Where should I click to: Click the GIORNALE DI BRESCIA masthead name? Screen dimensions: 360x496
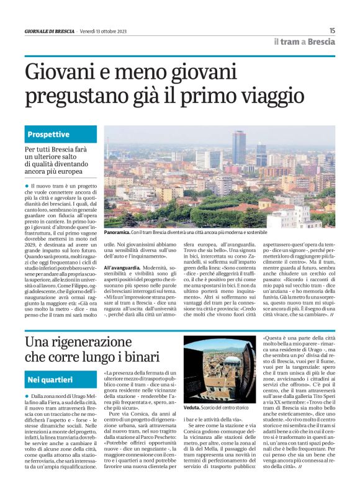click(x=49, y=31)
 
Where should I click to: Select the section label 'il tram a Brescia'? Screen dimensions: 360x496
click(x=304, y=42)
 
